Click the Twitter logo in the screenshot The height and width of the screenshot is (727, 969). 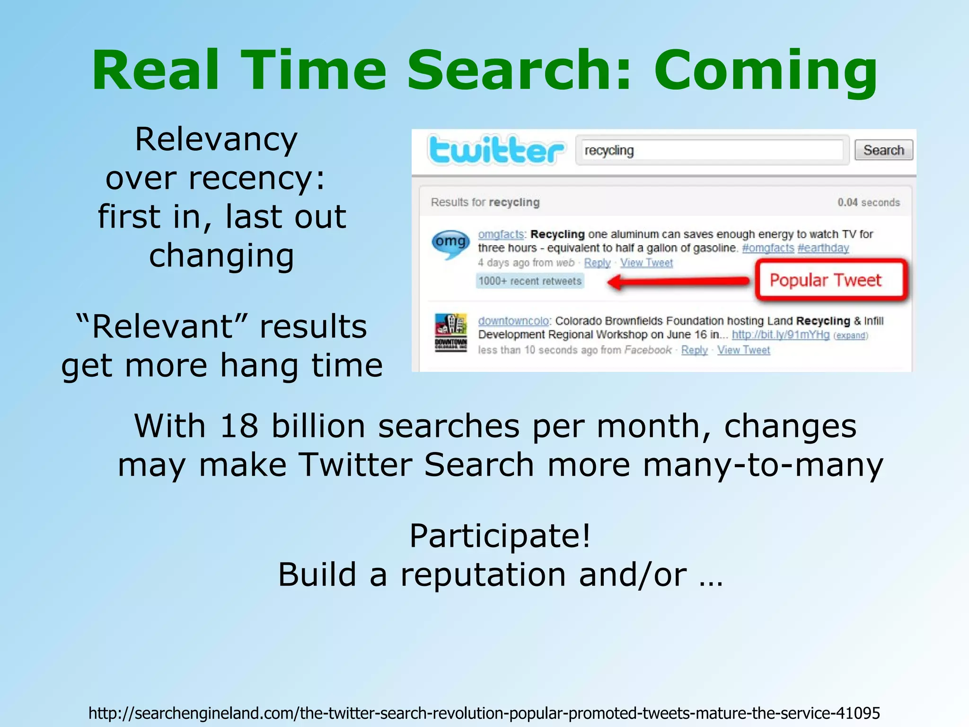(496, 151)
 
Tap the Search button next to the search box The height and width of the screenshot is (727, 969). (883, 151)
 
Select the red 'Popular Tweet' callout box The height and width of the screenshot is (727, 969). (831, 280)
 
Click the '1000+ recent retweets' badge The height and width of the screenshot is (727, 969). (530, 281)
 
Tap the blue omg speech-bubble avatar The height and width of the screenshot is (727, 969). (450, 243)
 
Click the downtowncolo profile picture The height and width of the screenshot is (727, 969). (451, 332)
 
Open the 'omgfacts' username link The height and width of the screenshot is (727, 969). (501, 234)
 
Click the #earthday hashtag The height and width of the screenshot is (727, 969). (823, 248)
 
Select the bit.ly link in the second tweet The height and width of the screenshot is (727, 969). (781, 335)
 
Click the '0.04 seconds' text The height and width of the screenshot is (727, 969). (869, 203)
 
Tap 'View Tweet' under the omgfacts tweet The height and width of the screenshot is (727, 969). (646, 263)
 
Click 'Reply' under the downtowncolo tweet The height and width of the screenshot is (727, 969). (694, 350)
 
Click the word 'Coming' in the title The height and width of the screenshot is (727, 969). (766, 71)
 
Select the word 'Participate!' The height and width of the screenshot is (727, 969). (500, 536)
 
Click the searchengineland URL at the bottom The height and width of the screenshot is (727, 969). (484, 713)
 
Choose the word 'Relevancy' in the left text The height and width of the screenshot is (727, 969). (216, 140)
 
